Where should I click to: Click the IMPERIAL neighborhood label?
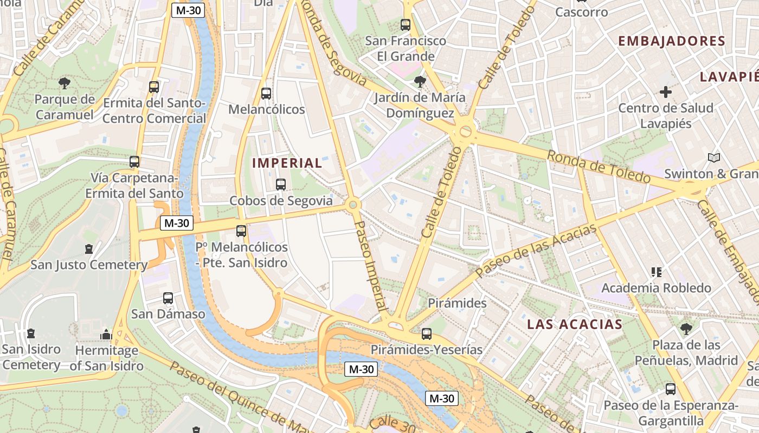pos(287,163)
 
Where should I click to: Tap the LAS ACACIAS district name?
pos(575,324)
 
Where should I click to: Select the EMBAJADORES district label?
pos(671,41)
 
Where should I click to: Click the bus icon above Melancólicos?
pos(266,93)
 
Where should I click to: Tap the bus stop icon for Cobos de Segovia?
pos(281,184)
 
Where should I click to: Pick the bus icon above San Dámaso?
pos(168,298)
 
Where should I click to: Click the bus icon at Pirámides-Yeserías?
pos(427,333)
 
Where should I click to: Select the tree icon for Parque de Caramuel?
pos(65,83)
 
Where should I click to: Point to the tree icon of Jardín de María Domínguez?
pos(419,82)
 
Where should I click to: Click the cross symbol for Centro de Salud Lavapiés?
pos(666,92)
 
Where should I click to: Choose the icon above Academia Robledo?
pos(657,272)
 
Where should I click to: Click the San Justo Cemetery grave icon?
pos(89,249)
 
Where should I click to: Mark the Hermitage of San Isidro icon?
pos(106,334)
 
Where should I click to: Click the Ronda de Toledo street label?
pos(598,167)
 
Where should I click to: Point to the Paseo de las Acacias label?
pos(536,251)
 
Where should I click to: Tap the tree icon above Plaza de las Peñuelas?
pos(686,329)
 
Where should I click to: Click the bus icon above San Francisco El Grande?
pos(405,24)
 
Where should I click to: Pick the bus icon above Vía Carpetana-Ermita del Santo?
pos(134,161)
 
